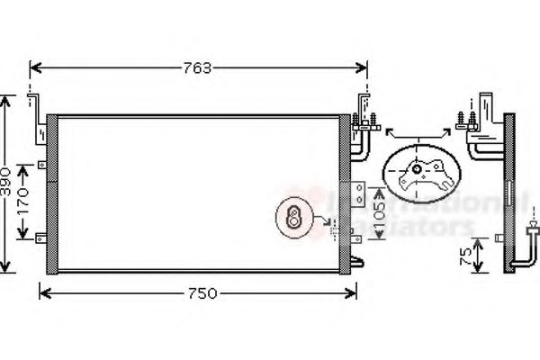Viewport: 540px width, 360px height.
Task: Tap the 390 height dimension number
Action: pyautogui.click(x=7, y=184)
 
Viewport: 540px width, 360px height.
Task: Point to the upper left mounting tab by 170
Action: pyautogui.click(x=42, y=165)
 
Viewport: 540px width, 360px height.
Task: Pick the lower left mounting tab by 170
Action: pyautogui.click(x=42, y=238)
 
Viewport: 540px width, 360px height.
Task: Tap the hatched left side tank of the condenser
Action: pyautogui.click(x=52, y=193)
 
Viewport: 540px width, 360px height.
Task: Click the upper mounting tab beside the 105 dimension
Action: pyautogui.click(x=360, y=191)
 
